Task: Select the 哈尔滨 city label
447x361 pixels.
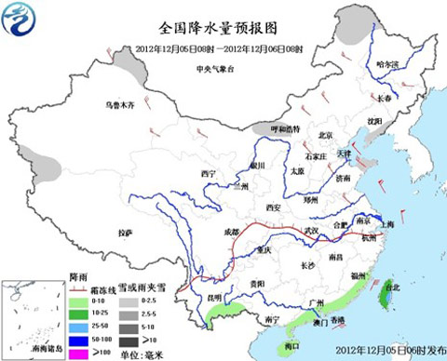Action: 386,63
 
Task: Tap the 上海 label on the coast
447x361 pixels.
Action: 386,224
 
